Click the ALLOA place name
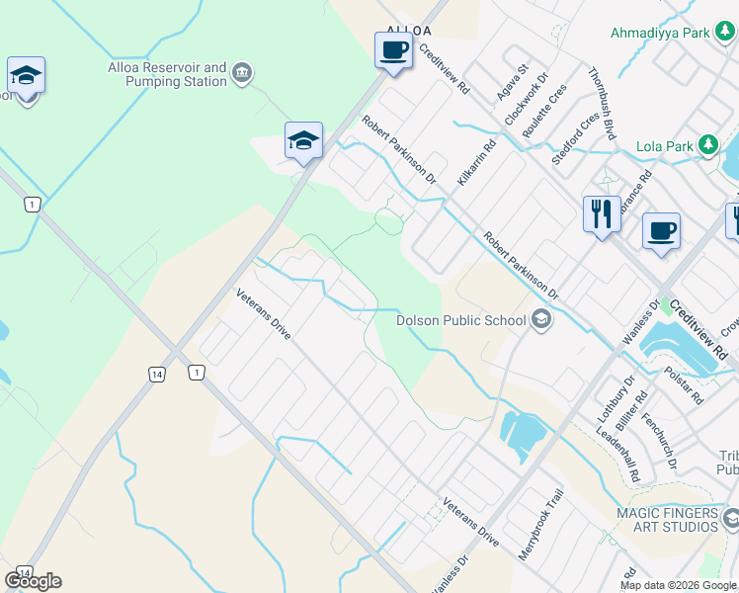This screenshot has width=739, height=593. tap(409, 31)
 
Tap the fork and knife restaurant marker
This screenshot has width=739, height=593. tap(600, 212)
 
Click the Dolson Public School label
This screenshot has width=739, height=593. tap(460, 319)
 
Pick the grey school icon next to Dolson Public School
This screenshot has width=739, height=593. tap(540, 318)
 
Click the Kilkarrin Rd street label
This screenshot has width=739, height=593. tap(476, 163)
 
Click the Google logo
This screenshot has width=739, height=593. tap(33, 581)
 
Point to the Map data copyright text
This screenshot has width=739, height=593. tap(677, 585)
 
